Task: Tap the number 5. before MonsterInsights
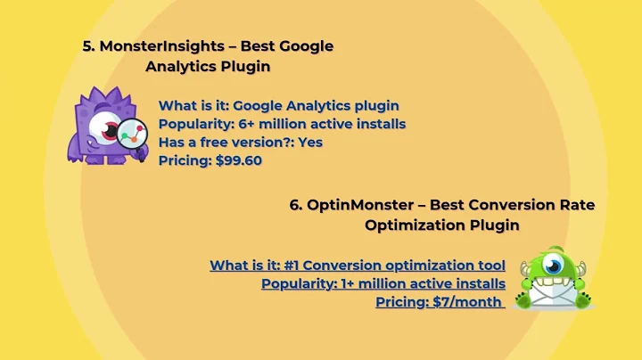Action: (x=88, y=46)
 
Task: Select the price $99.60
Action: (x=238, y=160)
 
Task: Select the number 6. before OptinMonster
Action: (x=296, y=205)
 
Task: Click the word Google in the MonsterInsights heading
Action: (x=303, y=46)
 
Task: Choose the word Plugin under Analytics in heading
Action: (x=245, y=66)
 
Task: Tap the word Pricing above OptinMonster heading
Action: (x=185, y=160)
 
